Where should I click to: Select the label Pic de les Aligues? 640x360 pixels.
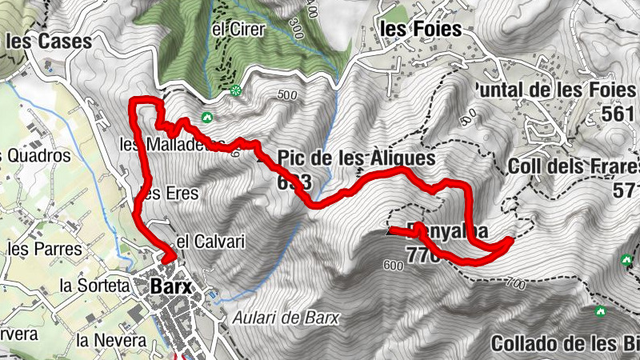click(x=357, y=158)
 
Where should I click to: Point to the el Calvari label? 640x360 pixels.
click(x=208, y=241)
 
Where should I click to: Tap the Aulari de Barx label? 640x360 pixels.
click(x=286, y=318)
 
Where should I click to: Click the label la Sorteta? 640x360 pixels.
click(x=94, y=284)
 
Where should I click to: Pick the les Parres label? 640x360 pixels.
click(x=44, y=249)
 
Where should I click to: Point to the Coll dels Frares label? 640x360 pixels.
click(x=573, y=167)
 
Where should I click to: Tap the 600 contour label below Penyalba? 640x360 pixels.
click(x=393, y=265)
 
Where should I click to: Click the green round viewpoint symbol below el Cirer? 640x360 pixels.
click(x=235, y=91)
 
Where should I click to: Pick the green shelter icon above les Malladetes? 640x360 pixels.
click(x=207, y=118)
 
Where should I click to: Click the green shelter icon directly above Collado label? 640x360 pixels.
click(x=600, y=310)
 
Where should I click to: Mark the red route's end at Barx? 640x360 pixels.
click(x=168, y=258)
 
